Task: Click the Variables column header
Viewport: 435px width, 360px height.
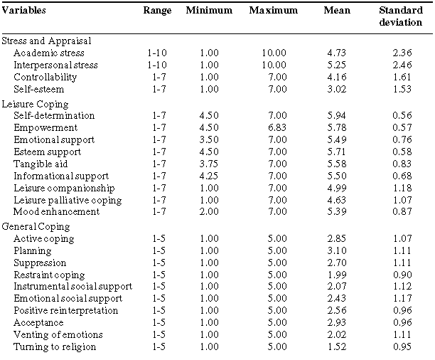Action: coord(24,10)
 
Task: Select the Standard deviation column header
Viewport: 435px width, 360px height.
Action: coord(401,16)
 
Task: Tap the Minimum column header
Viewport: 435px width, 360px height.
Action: coord(209,10)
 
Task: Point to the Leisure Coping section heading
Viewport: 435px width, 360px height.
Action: coord(35,104)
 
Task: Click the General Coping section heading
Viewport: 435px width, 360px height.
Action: coord(36,227)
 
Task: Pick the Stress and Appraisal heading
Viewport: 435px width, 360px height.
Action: coord(46,41)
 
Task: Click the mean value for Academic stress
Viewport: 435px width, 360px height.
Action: coord(337,53)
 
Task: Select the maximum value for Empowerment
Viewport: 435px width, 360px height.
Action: coord(277,127)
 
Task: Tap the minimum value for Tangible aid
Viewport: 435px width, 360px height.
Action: coord(209,164)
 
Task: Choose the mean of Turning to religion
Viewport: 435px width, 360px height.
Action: coord(337,346)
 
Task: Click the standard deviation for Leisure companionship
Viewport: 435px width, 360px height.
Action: coord(402,188)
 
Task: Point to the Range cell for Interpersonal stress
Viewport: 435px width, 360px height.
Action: coord(157,65)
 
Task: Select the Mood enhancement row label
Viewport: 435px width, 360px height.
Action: coord(57,212)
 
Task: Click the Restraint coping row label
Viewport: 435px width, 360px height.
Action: coord(49,275)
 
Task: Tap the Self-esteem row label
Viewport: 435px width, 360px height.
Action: coord(39,89)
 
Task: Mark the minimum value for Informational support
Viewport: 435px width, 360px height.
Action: coord(209,176)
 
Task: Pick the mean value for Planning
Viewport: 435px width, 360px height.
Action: coord(337,250)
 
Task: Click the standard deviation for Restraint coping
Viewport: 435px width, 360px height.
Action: coord(402,275)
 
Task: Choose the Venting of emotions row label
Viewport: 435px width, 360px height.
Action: coord(58,334)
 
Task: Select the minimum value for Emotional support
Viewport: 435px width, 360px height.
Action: coord(209,139)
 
